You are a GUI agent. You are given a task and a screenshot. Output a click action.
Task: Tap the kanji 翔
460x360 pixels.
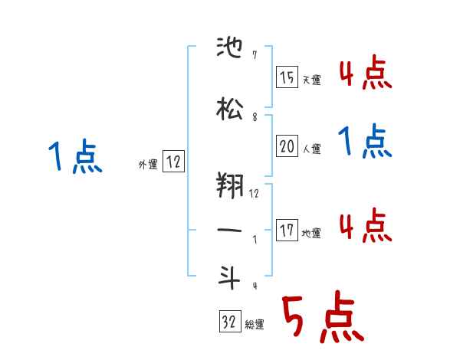231,185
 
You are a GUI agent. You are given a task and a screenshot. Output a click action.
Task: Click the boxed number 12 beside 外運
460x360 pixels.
172,161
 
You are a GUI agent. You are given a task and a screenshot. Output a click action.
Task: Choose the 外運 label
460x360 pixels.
147,164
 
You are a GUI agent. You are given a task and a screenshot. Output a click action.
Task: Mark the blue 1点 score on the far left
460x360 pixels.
75,157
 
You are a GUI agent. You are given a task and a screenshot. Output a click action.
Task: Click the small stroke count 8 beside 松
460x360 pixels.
255,117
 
